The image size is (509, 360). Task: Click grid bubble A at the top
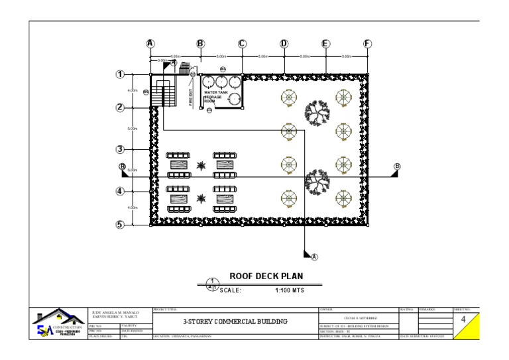click(x=150, y=44)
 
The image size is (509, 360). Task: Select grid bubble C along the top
click(x=242, y=44)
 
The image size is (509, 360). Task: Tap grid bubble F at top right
click(x=367, y=44)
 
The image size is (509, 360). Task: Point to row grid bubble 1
click(x=121, y=74)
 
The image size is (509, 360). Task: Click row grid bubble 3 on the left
click(x=121, y=149)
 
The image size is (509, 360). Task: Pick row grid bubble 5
click(x=121, y=224)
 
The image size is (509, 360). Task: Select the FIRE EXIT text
click(x=190, y=96)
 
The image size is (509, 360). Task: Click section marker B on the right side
click(x=397, y=167)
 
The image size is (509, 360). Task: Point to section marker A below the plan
click(x=314, y=257)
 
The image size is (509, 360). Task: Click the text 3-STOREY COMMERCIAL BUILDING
click(x=235, y=322)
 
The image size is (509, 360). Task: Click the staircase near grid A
click(x=163, y=93)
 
